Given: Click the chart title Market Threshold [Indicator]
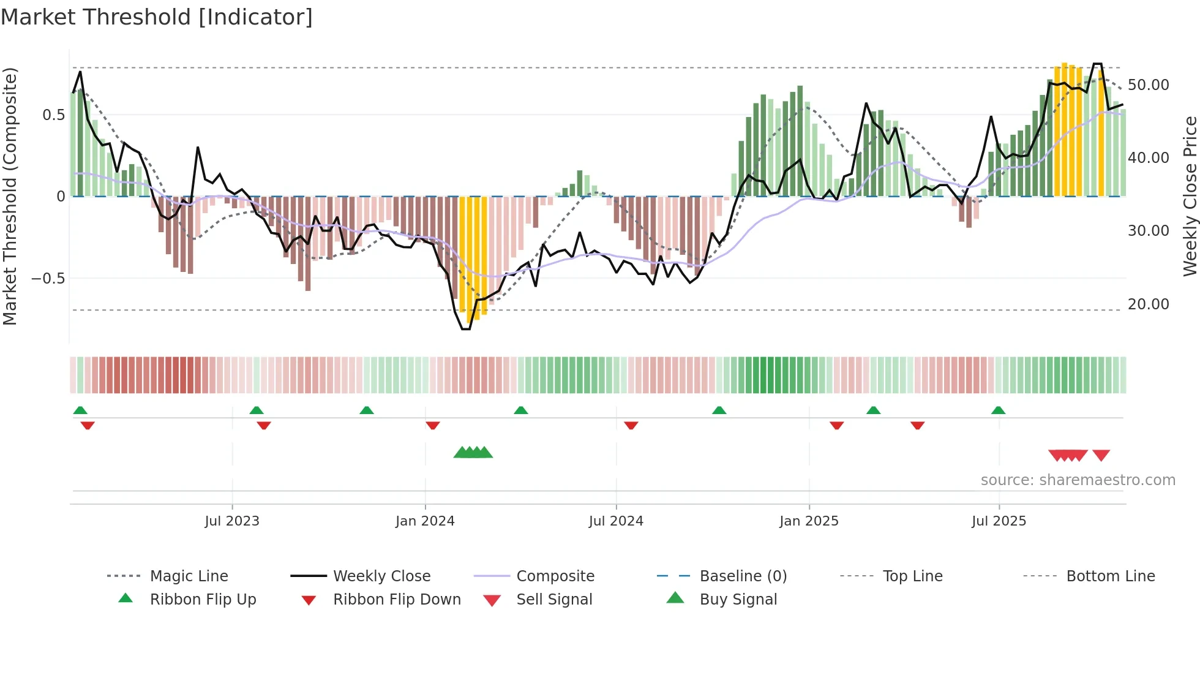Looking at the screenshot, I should click(157, 17).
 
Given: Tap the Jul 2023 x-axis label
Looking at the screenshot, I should click(232, 521).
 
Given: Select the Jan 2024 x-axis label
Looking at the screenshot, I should click(425, 521).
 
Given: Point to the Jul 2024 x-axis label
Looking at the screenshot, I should click(616, 521).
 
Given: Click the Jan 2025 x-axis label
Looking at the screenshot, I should click(809, 521).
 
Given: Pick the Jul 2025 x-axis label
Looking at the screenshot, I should click(999, 521).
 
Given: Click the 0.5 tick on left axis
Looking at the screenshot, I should click(54, 115).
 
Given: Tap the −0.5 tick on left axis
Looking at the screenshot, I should click(48, 279).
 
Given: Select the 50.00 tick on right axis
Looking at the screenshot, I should click(1149, 85).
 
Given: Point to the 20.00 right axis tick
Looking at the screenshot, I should click(1149, 304).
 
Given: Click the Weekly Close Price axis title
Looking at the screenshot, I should click(1190, 196).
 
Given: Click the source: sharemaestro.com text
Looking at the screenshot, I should click(1078, 480).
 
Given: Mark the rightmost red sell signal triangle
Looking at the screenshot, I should click(1101, 455).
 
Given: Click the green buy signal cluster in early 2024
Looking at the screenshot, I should click(473, 453).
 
